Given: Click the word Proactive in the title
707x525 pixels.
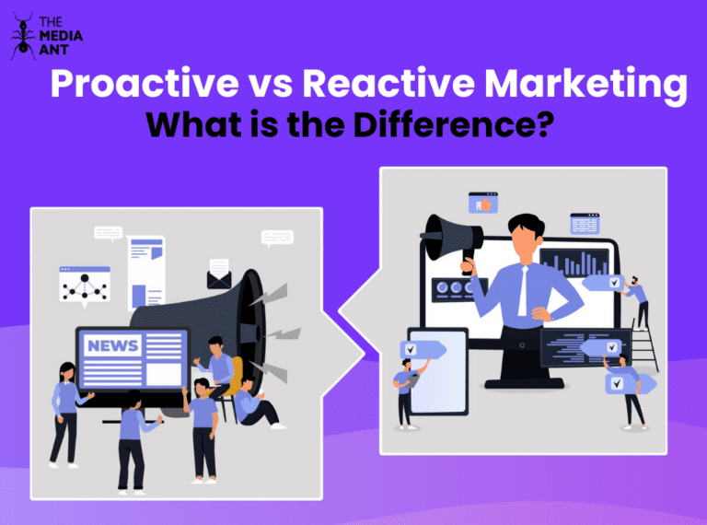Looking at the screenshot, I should [x=137, y=86].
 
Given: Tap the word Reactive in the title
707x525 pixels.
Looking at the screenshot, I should [x=381, y=86].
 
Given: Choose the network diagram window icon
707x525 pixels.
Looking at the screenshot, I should [x=85, y=285].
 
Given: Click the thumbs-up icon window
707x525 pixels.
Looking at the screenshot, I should [x=482, y=203].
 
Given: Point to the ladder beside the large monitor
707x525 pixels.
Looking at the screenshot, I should [x=644, y=336].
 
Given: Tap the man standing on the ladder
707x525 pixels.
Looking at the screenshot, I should [x=636, y=299].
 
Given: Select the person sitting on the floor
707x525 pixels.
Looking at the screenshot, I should [x=253, y=405].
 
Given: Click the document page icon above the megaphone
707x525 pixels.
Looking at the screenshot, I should [x=146, y=272].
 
